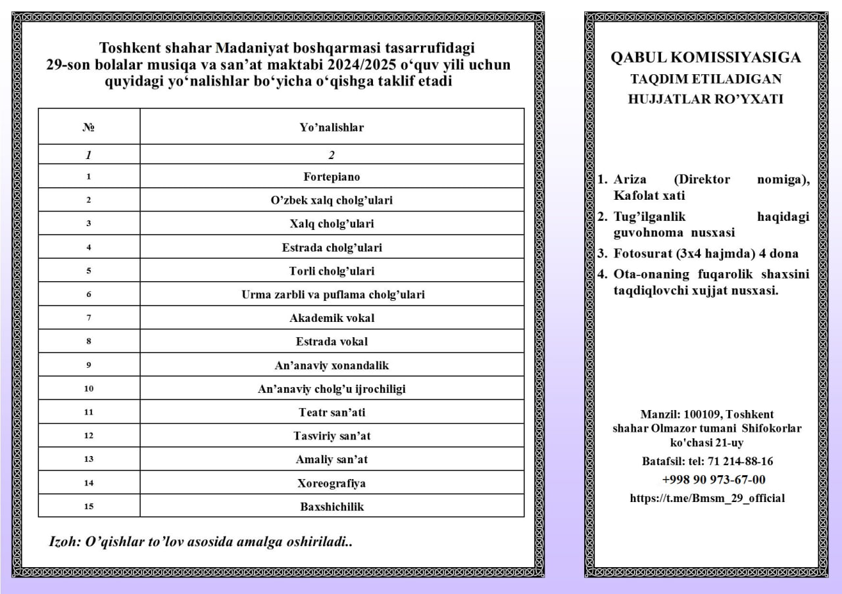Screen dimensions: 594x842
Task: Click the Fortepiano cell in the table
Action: [x=332, y=177]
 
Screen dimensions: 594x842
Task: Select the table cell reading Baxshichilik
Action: [x=332, y=507]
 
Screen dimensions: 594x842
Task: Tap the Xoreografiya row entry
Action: [x=332, y=483]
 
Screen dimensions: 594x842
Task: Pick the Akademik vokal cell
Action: [x=332, y=318]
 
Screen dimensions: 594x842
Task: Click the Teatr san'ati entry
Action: [x=332, y=413]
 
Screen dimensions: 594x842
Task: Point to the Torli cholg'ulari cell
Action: [x=332, y=271]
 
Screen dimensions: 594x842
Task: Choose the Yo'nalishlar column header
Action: [x=332, y=127]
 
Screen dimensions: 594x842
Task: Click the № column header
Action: [x=89, y=127]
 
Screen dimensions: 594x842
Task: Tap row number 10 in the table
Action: [x=89, y=389]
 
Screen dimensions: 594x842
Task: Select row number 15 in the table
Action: [x=89, y=507]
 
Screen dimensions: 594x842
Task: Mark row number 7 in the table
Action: [x=89, y=318]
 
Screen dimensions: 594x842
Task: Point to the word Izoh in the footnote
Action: [x=64, y=542]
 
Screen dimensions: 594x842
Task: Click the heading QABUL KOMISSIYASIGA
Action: [x=706, y=58]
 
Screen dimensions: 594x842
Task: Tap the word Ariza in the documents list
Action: [x=630, y=179]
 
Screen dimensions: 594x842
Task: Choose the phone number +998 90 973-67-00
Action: [x=714, y=480]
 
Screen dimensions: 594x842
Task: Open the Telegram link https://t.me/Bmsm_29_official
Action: [x=707, y=498]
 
